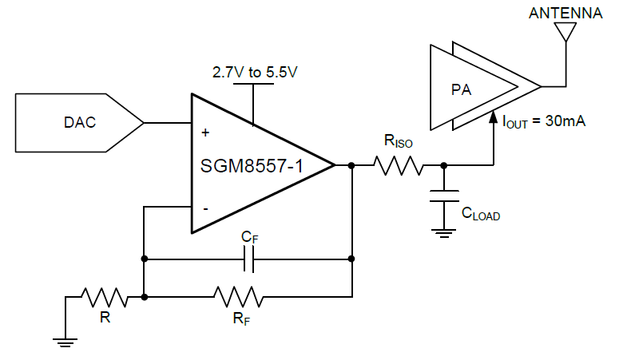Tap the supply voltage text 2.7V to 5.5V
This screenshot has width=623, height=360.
coord(254,73)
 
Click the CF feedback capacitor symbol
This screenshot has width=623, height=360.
coord(250,259)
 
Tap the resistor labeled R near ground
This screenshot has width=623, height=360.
coord(105,297)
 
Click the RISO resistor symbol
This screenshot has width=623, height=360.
coord(399,166)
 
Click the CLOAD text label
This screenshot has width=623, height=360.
coord(481,214)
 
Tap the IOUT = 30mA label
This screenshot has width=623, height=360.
coord(544,121)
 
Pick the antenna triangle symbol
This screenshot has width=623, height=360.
coord(565,31)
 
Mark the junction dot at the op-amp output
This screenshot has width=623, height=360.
coord(351,166)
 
